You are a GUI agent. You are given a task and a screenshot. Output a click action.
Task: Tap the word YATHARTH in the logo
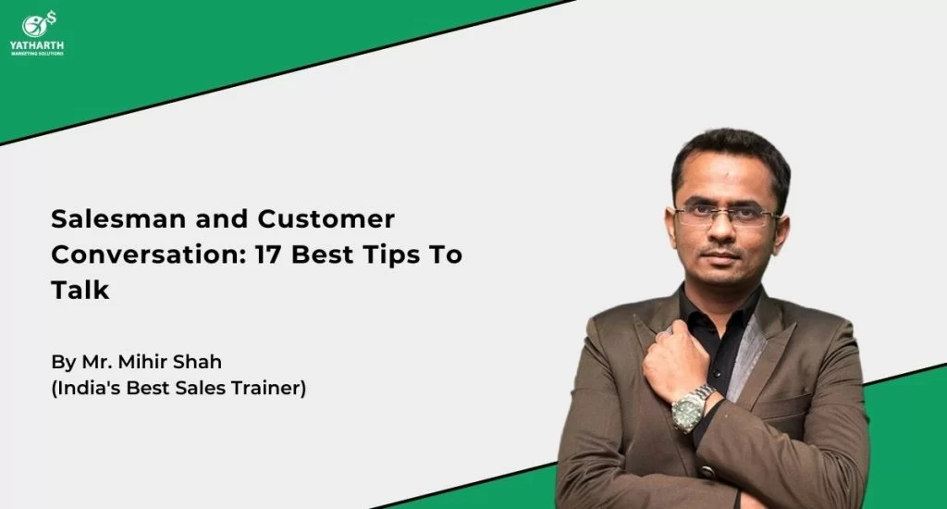[x=37, y=45]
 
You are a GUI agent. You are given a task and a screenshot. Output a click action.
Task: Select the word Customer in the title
[x=326, y=218]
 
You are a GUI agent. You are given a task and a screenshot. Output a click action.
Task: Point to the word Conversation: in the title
[x=149, y=254]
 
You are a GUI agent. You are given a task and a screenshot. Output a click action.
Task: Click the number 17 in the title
[x=268, y=254]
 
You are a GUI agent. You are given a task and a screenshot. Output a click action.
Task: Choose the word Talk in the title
[x=80, y=291]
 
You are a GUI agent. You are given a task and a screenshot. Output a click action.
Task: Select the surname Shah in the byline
[x=198, y=362]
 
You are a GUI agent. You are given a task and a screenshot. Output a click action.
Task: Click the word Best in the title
[x=322, y=254]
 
